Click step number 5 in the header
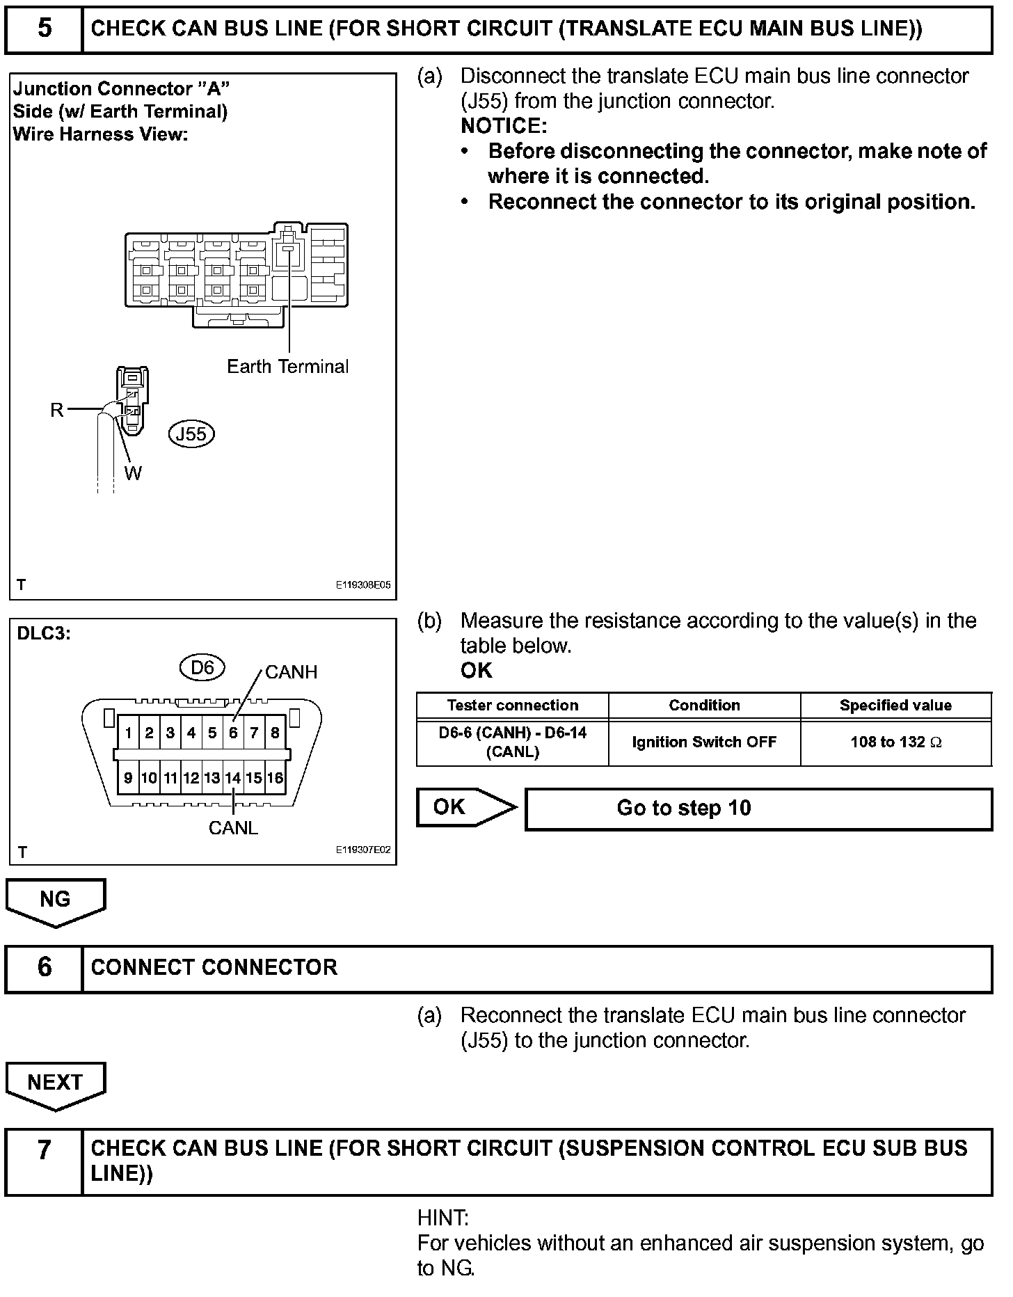44,29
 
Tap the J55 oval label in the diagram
191,434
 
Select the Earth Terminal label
287,367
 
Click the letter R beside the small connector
57,410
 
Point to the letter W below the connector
133,473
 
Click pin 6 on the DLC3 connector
233,733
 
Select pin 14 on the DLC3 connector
233,778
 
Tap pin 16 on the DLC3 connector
275,778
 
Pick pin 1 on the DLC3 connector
128,733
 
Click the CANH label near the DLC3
291,672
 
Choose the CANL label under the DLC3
233,828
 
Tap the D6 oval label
202,668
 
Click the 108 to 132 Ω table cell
895,742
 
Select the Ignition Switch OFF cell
704,742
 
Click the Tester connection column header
513,706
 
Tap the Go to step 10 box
758,809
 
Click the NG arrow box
55,900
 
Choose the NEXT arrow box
55,1083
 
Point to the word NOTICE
504,126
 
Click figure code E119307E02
363,850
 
